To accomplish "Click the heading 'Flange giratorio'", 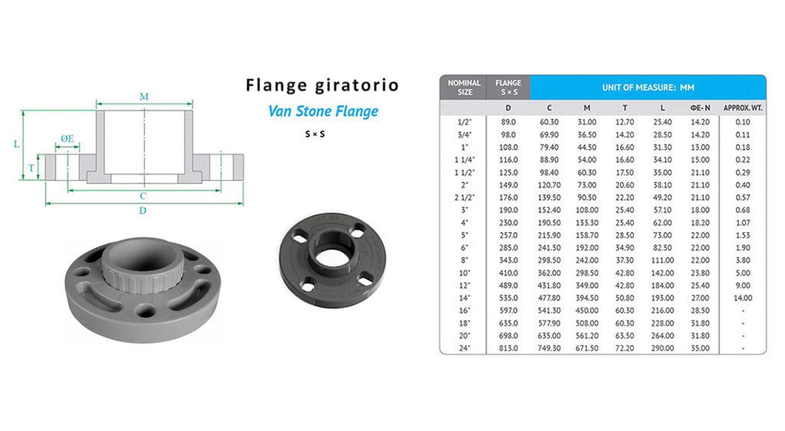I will (x=322, y=85).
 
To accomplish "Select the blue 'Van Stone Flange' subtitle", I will (x=323, y=111).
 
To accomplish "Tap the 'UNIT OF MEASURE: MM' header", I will (x=647, y=87).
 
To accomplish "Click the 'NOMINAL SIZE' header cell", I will (x=464, y=87).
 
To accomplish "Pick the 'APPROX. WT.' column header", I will (x=742, y=108).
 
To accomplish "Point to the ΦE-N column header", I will (x=700, y=108).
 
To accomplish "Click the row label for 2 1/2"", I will (x=464, y=198).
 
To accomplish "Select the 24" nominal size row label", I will (x=464, y=348).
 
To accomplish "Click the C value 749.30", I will (x=548, y=348).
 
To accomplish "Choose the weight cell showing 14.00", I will (x=742, y=298).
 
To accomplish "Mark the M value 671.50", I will (x=586, y=348).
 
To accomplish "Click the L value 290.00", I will (x=662, y=348).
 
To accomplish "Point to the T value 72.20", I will (x=625, y=348).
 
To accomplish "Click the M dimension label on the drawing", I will (x=144, y=96).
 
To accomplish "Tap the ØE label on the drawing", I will (x=67, y=139).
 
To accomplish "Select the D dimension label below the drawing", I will (x=143, y=211).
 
